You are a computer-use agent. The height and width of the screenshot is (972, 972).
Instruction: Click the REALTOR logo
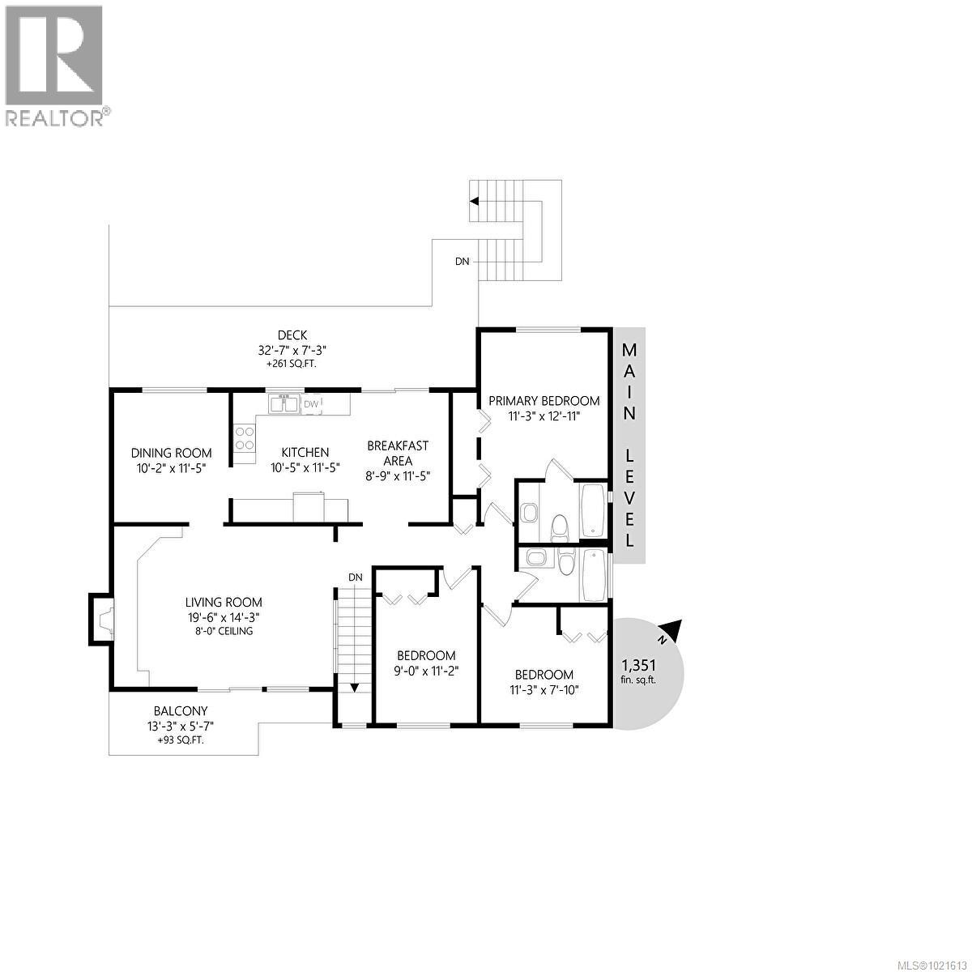[x=54, y=65]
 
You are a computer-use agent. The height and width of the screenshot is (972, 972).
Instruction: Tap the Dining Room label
[x=171, y=453]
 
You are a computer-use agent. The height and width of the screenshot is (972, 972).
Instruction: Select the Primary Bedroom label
[x=544, y=400]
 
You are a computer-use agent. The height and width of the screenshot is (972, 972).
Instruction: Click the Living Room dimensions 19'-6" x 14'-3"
[x=224, y=616]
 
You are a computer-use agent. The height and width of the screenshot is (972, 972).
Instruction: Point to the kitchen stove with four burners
[x=244, y=438]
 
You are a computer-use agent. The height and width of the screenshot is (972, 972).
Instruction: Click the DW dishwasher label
[x=312, y=403]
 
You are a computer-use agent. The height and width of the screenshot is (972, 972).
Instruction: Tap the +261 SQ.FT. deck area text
[x=291, y=364]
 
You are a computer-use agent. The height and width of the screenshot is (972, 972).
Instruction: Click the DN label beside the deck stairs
[x=462, y=262]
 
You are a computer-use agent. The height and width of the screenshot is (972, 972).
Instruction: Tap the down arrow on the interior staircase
[x=354, y=688]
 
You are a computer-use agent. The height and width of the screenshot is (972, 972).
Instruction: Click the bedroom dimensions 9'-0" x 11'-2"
[x=426, y=670]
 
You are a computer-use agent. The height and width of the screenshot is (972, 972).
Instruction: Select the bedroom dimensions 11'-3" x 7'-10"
[x=544, y=689]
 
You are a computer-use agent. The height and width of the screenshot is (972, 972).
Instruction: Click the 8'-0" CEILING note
[x=224, y=631]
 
